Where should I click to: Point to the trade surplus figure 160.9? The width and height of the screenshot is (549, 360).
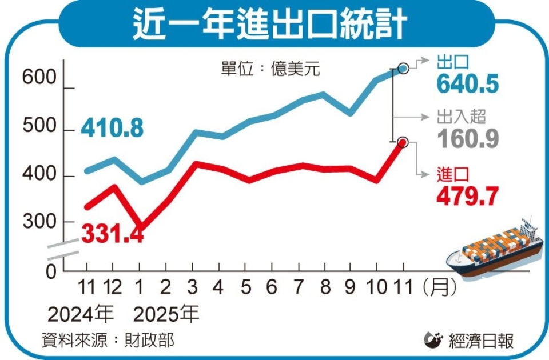pos(467,139)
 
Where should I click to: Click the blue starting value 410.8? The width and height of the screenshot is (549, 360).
pos(112,129)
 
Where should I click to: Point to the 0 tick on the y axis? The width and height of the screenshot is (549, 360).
pos(51,272)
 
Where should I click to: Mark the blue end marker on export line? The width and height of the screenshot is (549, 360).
pos(403,69)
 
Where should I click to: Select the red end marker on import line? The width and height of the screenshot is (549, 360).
pos(403,142)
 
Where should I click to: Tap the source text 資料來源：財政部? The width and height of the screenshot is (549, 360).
pos(109,341)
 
